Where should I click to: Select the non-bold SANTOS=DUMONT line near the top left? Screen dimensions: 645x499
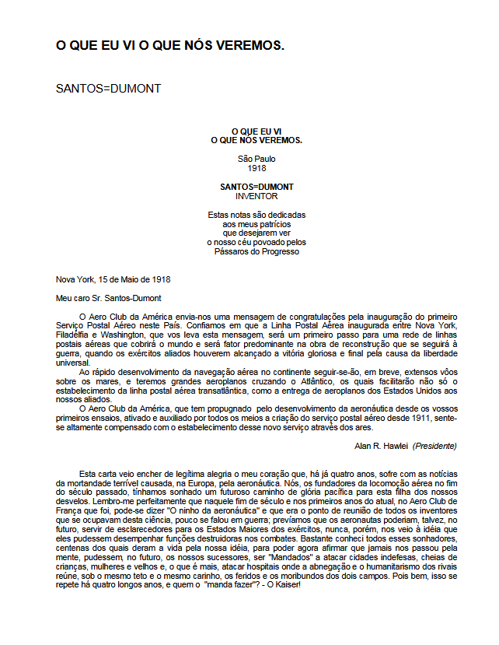pos(108,88)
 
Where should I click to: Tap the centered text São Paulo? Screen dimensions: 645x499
pos(256,159)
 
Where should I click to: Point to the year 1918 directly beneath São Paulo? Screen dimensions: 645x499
pos(256,167)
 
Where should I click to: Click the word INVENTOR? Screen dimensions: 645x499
pos(256,196)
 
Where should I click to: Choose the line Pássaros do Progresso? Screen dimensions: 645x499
pos(256,251)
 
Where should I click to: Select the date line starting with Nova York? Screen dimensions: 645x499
pos(113,279)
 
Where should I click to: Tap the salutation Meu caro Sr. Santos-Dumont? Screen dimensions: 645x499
pos(110,297)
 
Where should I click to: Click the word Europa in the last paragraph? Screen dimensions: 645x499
pos(192,483)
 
